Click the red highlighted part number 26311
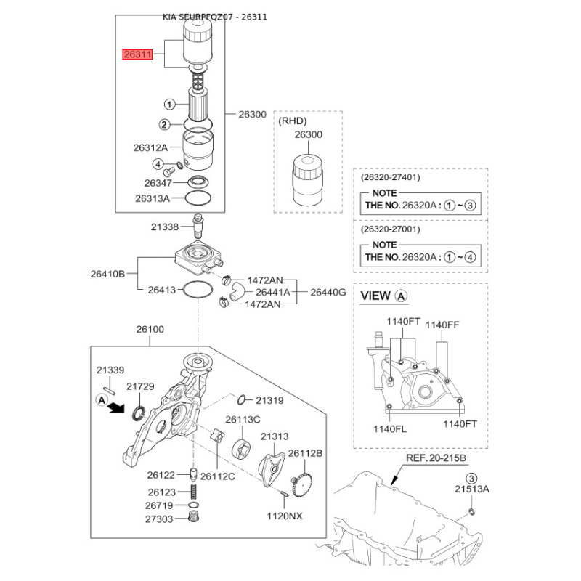tap(138, 54)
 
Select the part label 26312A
tap(150, 148)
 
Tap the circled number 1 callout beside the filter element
tap(169, 105)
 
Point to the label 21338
tap(165, 227)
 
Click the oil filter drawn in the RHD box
tap(307, 180)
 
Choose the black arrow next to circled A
tap(116, 408)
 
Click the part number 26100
tap(150, 329)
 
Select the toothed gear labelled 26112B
tap(302, 484)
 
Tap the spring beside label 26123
tap(193, 492)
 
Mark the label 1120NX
tap(285, 516)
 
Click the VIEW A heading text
tap(384, 296)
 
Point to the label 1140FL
tap(390, 429)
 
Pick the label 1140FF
tap(442, 325)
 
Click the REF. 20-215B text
tap(436, 458)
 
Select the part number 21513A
tap(472, 489)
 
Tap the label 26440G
tap(328, 293)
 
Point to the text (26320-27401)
tap(391, 177)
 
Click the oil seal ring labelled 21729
tap(139, 413)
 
